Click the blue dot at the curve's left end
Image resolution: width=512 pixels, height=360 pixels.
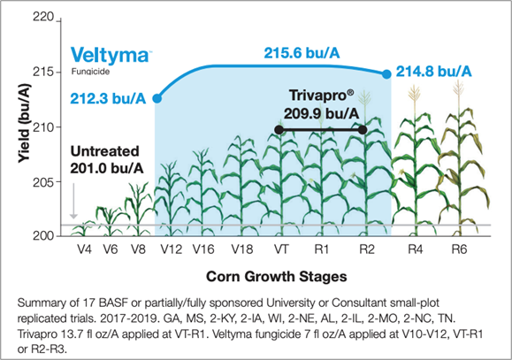click(157, 98)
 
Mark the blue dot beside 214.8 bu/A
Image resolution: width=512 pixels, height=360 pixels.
click(386, 74)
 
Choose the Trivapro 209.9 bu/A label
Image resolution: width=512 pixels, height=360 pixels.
click(321, 104)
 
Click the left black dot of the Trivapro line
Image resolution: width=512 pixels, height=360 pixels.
click(279, 130)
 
